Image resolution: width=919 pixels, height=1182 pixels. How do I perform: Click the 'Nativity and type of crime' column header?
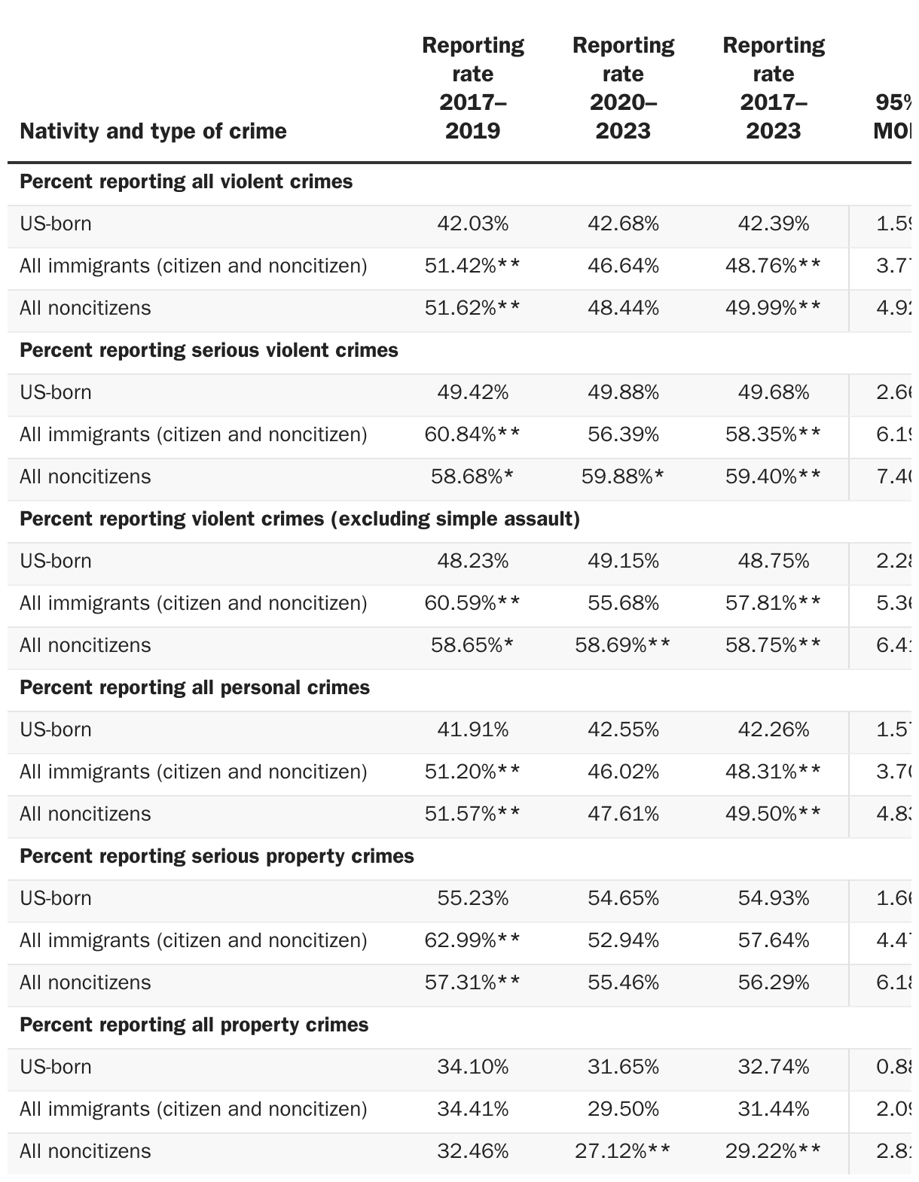[153, 131]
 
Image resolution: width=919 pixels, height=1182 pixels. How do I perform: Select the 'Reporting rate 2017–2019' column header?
[472, 88]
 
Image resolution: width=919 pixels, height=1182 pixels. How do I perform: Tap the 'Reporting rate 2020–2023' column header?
[623, 88]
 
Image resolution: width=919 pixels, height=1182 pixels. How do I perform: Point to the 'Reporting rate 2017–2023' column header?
[774, 88]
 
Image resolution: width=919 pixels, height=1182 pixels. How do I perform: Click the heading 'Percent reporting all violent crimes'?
[186, 181]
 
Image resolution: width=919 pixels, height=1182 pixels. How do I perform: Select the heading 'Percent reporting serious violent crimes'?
[209, 350]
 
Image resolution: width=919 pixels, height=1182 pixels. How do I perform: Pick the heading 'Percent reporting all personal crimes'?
[194, 687]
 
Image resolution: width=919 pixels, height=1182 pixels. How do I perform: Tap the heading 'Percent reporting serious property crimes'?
[217, 856]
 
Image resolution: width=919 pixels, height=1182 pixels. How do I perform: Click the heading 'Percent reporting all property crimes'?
[194, 1025]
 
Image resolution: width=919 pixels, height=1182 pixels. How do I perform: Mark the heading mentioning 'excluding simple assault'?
[300, 519]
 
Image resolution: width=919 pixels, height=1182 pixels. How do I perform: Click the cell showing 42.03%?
[472, 224]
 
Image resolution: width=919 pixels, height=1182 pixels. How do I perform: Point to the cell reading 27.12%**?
[623, 1151]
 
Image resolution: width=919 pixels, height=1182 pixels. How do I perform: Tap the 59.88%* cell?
[623, 477]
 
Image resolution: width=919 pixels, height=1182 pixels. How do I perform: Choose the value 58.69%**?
[623, 645]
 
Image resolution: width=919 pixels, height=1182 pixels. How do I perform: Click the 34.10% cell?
[472, 1067]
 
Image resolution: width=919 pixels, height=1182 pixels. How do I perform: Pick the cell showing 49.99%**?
[774, 308]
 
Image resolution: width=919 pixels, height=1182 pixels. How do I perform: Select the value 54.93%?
[774, 898]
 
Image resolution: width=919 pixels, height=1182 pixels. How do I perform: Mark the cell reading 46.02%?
[623, 772]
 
